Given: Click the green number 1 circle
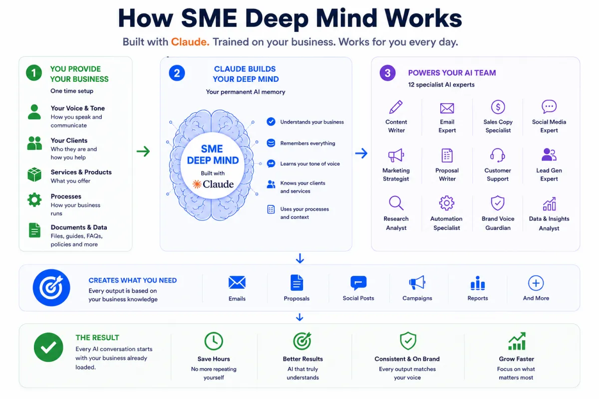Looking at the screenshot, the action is (x=34, y=73).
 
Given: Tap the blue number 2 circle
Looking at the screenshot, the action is (x=177, y=73).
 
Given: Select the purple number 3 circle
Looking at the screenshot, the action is (x=387, y=73).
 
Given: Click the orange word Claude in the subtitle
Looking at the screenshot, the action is (x=190, y=42).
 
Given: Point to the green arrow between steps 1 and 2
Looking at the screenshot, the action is (x=143, y=151).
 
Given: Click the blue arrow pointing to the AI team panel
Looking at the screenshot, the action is (x=361, y=153).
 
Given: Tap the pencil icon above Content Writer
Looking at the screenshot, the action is (x=396, y=107).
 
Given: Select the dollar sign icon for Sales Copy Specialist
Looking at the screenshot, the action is (x=498, y=107).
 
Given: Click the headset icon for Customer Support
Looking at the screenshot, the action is (x=497, y=155).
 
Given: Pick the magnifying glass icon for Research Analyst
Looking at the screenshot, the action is (x=396, y=203).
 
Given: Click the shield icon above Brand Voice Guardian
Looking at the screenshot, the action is (x=498, y=203).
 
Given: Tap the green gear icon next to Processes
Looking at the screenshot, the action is (x=34, y=199).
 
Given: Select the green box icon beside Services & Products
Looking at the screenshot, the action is (x=34, y=175).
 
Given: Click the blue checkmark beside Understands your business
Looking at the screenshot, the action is (x=271, y=122).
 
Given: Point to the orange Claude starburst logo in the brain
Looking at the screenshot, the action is (x=197, y=184).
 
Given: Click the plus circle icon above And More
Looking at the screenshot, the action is (x=536, y=283).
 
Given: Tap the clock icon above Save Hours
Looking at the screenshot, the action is (x=214, y=341).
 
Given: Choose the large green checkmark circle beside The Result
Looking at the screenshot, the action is (x=48, y=347).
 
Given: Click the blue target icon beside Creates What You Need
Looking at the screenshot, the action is (x=51, y=288).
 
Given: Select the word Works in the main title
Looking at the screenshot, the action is (x=423, y=18).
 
